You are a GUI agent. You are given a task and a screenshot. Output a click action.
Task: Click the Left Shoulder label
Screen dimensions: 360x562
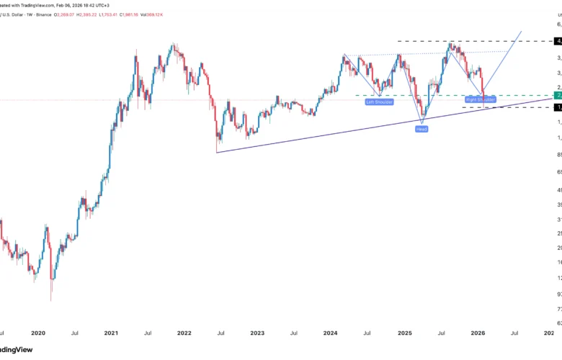click(380, 102)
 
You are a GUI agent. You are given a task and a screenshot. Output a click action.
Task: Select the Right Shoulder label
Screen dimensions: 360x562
click(481, 99)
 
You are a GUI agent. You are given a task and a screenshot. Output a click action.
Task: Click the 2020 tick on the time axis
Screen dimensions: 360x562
click(38, 333)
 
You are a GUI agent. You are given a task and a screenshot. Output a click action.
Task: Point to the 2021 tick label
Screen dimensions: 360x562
click(111, 333)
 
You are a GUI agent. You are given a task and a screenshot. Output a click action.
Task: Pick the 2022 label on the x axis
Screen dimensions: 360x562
click(184, 333)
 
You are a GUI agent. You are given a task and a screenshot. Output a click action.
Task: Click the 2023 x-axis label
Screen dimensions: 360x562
click(257, 333)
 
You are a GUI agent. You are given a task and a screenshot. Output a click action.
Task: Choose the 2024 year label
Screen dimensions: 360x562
click(331, 333)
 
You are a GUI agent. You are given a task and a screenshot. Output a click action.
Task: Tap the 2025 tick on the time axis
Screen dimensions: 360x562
click(404, 333)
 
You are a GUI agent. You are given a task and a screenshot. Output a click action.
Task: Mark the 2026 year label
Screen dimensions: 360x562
click(478, 333)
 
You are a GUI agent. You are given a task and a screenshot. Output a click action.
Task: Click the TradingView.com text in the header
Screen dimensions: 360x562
click(32, 4)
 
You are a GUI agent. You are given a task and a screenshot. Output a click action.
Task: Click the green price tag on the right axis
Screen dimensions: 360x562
click(558, 95)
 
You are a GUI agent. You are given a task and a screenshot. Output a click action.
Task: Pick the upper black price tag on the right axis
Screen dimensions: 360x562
click(558, 41)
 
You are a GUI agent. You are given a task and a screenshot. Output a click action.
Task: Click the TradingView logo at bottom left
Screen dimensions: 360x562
click(18, 350)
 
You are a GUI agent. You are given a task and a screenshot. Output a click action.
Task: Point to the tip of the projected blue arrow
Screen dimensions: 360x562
click(521, 32)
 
